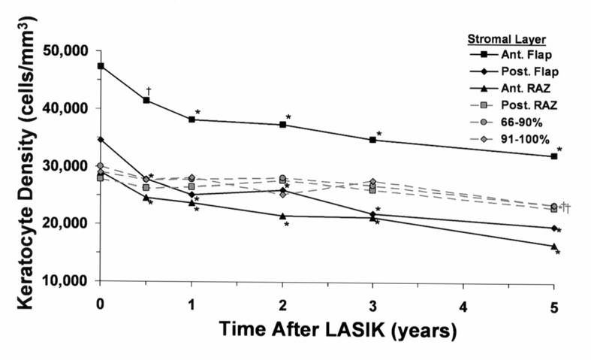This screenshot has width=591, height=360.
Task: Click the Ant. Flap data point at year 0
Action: [101, 66]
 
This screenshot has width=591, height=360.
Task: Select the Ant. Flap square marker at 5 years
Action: [553, 156]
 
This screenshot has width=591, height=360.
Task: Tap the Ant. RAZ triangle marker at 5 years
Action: [553, 247]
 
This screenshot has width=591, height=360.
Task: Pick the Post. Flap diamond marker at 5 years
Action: [553, 228]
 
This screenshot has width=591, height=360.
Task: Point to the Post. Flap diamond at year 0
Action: [101, 139]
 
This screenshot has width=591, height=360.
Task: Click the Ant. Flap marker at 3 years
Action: [372, 140]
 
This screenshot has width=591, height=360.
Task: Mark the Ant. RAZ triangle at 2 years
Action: [282, 216]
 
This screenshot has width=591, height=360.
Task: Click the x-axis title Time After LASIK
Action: [327, 331]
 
